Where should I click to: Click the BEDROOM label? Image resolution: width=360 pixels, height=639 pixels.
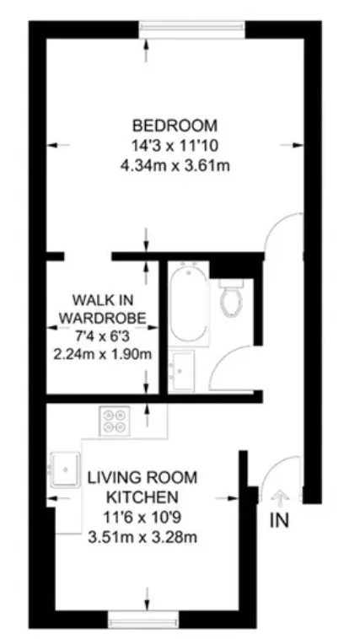pyautogui.click(x=175, y=126)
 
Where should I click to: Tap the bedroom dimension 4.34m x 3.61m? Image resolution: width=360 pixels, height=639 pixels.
pyautogui.click(x=175, y=166)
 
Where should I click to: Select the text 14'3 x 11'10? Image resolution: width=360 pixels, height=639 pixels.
pyautogui.click(x=175, y=146)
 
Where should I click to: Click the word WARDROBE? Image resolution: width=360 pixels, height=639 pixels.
pyautogui.click(x=103, y=318)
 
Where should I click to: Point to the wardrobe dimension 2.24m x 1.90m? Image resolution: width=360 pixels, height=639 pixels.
pyautogui.click(x=103, y=354)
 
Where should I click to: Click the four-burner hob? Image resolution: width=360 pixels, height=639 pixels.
pyautogui.click(x=115, y=421)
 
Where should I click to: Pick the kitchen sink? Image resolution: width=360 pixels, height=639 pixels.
pyautogui.click(x=65, y=470)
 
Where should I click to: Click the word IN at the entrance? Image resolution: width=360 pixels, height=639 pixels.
pyautogui.click(x=279, y=520)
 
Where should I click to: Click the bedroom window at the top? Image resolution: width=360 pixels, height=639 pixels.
pyautogui.click(x=191, y=30)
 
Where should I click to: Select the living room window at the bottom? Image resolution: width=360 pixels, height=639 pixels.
pyautogui.click(x=143, y=619)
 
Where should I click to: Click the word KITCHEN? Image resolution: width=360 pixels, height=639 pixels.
pyautogui.click(x=142, y=497)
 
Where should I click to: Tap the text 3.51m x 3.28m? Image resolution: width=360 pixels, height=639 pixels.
pyautogui.click(x=142, y=537)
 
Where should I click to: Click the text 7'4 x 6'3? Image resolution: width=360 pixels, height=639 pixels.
pyautogui.click(x=103, y=336)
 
